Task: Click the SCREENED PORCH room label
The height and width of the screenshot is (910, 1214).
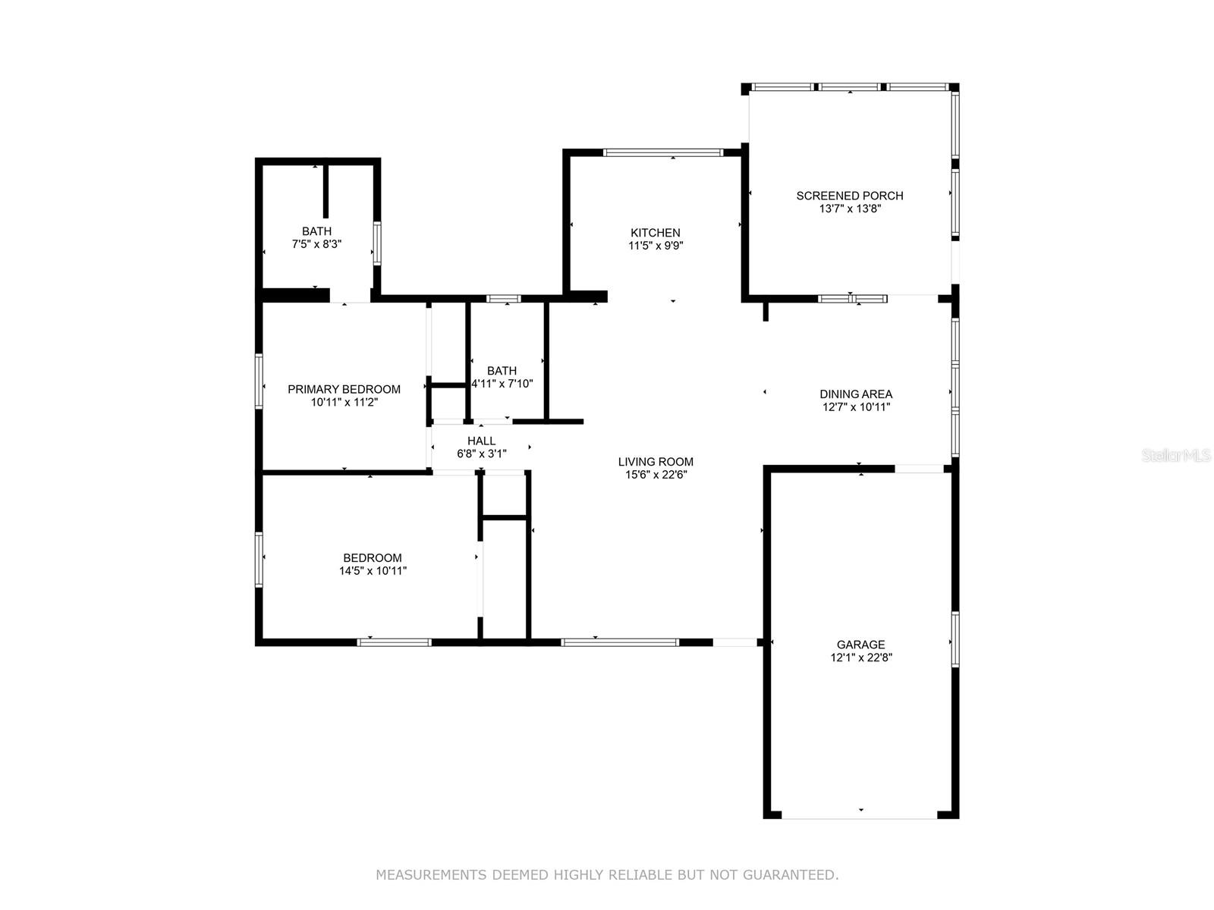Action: pyautogui.click(x=849, y=196)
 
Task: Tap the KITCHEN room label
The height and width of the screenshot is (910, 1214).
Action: pyautogui.click(x=655, y=233)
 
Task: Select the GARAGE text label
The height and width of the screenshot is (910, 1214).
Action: pyautogui.click(x=860, y=645)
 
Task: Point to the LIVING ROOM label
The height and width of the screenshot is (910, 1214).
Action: pyautogui.click(x=656, y=461)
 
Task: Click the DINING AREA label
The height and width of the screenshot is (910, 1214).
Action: pyautogui.click(x=856, y=394)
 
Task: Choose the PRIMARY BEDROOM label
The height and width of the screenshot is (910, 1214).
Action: pyautogui.click(x=344, y=389)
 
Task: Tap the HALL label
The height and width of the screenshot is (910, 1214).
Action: pyautogui.click(x=481, y=441)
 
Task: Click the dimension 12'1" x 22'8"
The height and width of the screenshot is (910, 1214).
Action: pyautogui.click(x=860, y=657)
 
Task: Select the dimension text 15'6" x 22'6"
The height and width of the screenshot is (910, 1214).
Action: pyautogui.click(x=656, y=475)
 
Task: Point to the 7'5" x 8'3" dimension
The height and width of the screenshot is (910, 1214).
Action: pyautogui.click(x=316, y=244)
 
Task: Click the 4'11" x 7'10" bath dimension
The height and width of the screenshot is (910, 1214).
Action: pyautogui.click(x=502, y=384)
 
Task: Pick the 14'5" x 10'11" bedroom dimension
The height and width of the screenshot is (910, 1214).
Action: pyautogui.click(x=373, y=571)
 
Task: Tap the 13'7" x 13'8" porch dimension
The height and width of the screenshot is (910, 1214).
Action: pyautogui.click(x=850, y=209)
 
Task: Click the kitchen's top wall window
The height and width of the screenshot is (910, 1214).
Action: pyautogui.click(x=662, y=152)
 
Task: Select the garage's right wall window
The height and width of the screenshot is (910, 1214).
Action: pyautogui.click(x=955, y=639)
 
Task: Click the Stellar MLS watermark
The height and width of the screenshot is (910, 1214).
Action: pyautogui.click(x=1176, y=455)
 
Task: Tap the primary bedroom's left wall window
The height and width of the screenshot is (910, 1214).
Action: pyautogui.click(x=258, y=381)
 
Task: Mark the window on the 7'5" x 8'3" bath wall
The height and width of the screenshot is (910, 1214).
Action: pyautogui.click(x=376, y=243)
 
